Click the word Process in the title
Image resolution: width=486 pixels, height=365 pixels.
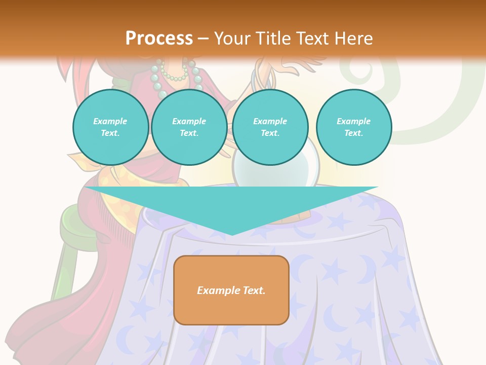(159, 39)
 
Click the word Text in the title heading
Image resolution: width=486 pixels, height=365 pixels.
(314, 39)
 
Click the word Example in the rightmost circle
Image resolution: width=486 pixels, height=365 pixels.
(353, 121)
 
